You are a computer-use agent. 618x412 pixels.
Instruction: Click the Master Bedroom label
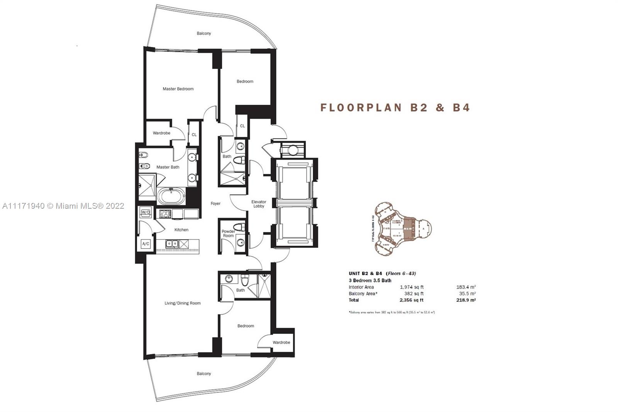(178, 89)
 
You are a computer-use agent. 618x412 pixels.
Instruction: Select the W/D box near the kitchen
(146, 212)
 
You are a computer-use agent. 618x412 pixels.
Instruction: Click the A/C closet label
(146, 244)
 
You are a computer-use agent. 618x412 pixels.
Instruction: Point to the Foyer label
(216, 204)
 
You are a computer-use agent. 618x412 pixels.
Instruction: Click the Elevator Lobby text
(259, 204)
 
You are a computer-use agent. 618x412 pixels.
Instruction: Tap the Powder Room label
(228, 233)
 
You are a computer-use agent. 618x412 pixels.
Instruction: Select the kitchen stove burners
(163, 213)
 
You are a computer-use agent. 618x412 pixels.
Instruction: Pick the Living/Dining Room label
(183, 303)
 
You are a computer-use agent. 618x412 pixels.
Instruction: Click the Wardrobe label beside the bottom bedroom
(281, 342)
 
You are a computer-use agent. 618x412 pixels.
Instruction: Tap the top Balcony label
(204, 34)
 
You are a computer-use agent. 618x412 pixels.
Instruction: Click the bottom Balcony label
(204, 374)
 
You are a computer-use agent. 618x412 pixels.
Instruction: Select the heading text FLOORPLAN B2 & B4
(395, 107)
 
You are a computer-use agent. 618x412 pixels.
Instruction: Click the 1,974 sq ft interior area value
(412, 287)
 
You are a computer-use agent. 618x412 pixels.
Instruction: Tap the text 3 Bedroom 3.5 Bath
(370, 281)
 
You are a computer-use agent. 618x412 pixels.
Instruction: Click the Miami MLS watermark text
(63, 206)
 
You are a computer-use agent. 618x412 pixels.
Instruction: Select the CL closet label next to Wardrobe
(194, 134)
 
